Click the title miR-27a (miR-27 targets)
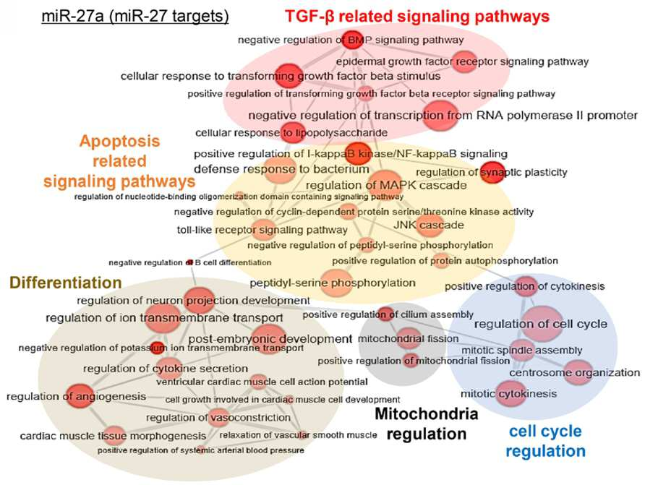pos(135,16)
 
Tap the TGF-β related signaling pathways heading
pos(417,17)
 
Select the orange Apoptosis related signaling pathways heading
pos(119,161)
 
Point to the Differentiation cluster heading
pos(65,283)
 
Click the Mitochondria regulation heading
pos(427,424)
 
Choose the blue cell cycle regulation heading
pos(545,441)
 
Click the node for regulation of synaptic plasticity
pos(492,172)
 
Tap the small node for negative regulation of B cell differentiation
pos(189,262)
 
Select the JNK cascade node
pos(430,225)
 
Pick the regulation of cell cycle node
pos(542,324)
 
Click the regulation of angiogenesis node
pos(80,396)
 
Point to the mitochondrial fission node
pos(409,338)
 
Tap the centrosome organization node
pos(578,372)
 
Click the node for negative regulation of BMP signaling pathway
pos(354,40)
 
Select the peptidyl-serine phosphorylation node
pos(337,283)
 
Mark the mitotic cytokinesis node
pos(511,393)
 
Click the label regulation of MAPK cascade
pos(386,185)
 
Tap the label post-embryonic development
pos(270,339)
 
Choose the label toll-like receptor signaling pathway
pos(262,230)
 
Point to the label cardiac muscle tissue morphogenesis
pos(113,436)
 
